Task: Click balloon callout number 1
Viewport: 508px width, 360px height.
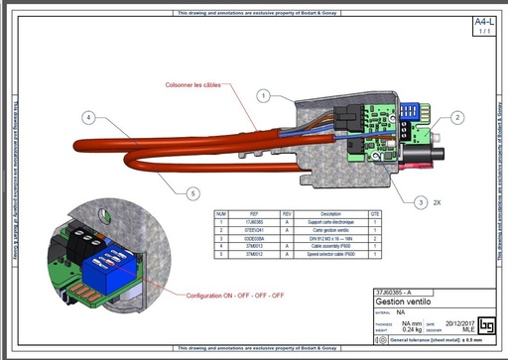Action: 264,96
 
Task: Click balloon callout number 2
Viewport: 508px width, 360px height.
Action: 457,117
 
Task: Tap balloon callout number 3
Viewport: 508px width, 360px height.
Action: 421,201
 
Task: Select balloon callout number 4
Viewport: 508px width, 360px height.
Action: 88,117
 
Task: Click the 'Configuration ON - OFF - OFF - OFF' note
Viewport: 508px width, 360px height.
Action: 231,296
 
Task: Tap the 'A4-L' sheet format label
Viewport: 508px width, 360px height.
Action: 483,21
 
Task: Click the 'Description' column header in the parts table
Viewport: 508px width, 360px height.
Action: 330,213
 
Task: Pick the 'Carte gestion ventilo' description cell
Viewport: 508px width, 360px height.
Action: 330,230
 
